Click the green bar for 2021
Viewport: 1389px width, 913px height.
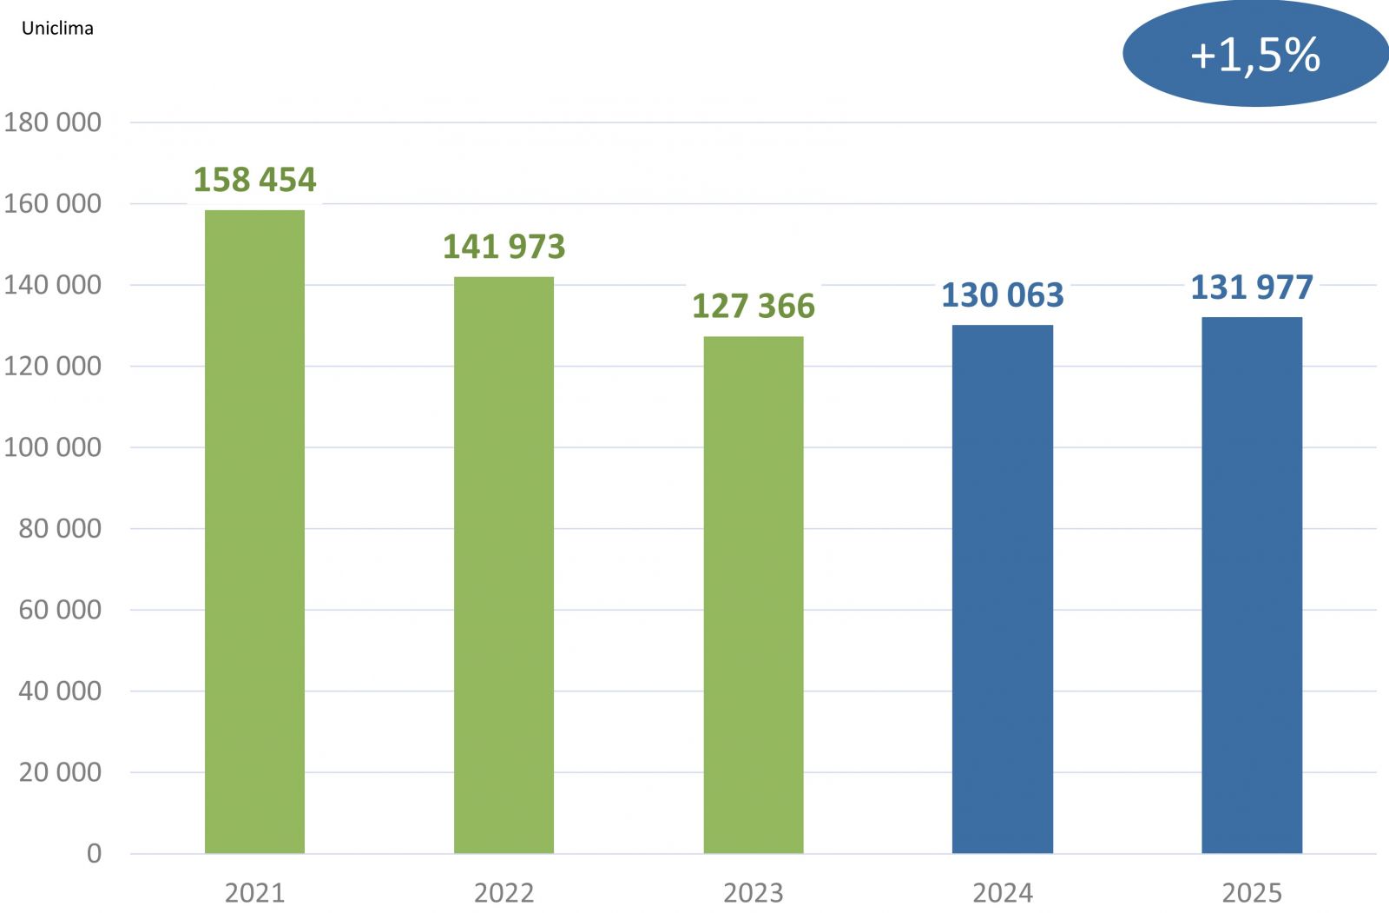(x=254, y=532)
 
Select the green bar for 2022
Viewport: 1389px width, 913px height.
(x=504, y=565)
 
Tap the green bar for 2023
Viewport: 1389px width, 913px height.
(x=753, y=595)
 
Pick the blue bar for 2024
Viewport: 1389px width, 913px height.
(x=1002, y=589)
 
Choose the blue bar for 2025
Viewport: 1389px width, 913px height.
(x=1251, y=585)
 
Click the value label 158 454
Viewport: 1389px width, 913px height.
(x=254, y=180)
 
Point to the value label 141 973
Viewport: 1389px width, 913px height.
(x=504, y=247)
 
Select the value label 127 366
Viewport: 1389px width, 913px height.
(x=753, y=307)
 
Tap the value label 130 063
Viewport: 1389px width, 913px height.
(x=1002, y=295)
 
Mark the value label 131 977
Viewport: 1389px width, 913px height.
(x=1251, y=288)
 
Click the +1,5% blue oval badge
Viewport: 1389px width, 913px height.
(x=1254, y=55)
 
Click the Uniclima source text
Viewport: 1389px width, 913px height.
(x=57, y=28)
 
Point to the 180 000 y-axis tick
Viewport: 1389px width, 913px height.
(x=52, y=122)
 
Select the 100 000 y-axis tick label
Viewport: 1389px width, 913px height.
(x=52, y=447)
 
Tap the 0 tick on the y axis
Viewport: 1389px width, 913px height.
(x=94, y=854)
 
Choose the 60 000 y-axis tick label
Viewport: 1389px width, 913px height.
(x=59, y=610)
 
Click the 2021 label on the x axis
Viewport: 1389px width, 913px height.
(x=254, y=892)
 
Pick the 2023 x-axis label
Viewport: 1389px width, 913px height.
(x=753, y=892)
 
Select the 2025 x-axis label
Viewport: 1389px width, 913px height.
(x=1251, y=892)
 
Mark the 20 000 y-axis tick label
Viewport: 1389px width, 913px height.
(x=59, y=772)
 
